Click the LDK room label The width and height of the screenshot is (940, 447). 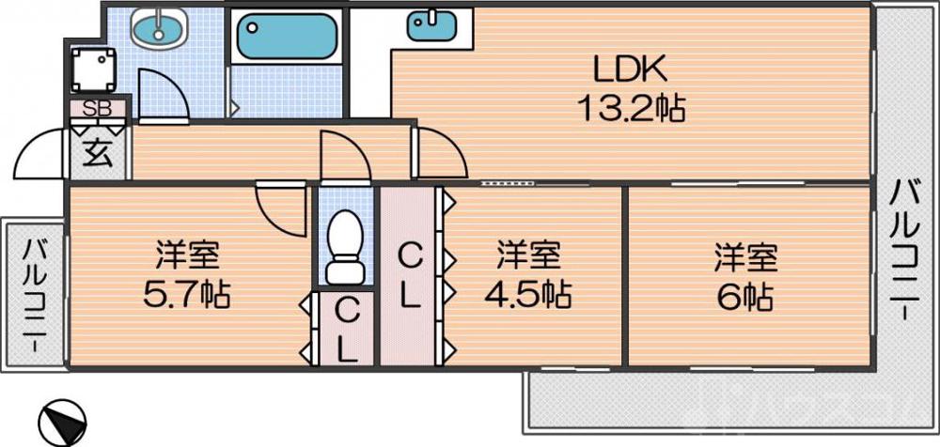(629, 69)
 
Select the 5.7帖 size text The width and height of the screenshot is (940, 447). (187, 296)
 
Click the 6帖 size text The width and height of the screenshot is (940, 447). (748, 296)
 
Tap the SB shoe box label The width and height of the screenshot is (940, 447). (97, 108)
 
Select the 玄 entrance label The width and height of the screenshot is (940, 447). (98, 151)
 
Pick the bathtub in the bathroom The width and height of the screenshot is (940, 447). (286, 37)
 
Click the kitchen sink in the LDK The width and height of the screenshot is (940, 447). (431, 24)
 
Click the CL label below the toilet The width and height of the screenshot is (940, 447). (346, 331)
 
